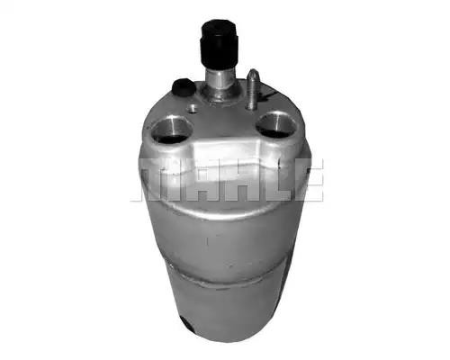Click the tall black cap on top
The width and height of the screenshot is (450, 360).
tap(219, 44)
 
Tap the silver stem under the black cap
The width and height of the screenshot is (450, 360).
tap(220, 77)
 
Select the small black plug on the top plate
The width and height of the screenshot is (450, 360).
tap(183, 87)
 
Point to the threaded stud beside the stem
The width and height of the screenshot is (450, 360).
tap(252, 89)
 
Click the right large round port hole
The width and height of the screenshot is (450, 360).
tap(276, 125)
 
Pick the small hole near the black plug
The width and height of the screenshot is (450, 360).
tap(192, 108)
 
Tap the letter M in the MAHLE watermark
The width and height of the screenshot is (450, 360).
tap(158, 180)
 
